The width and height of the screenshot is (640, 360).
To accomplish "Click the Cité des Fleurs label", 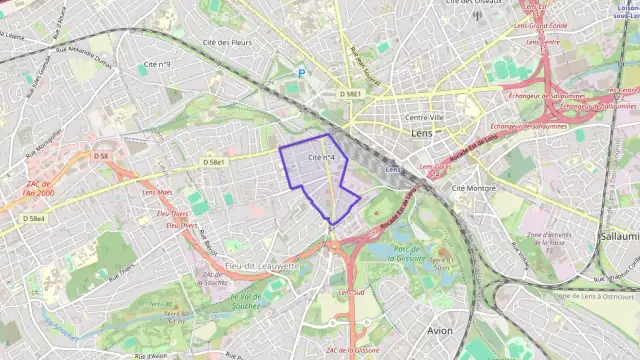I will [225, 43].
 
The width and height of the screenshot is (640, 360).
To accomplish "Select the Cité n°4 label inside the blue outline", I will [321, 157].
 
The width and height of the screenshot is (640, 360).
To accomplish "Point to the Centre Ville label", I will [425, 117].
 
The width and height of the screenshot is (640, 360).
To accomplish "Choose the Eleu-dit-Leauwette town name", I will [262, 266].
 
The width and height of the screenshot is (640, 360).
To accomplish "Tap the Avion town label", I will [439, 330].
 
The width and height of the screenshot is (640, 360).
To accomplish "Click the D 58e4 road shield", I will [34, 217].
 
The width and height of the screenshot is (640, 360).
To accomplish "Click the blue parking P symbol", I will [301, 72].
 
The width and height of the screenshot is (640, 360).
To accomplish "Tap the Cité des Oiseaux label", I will [472, 3].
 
